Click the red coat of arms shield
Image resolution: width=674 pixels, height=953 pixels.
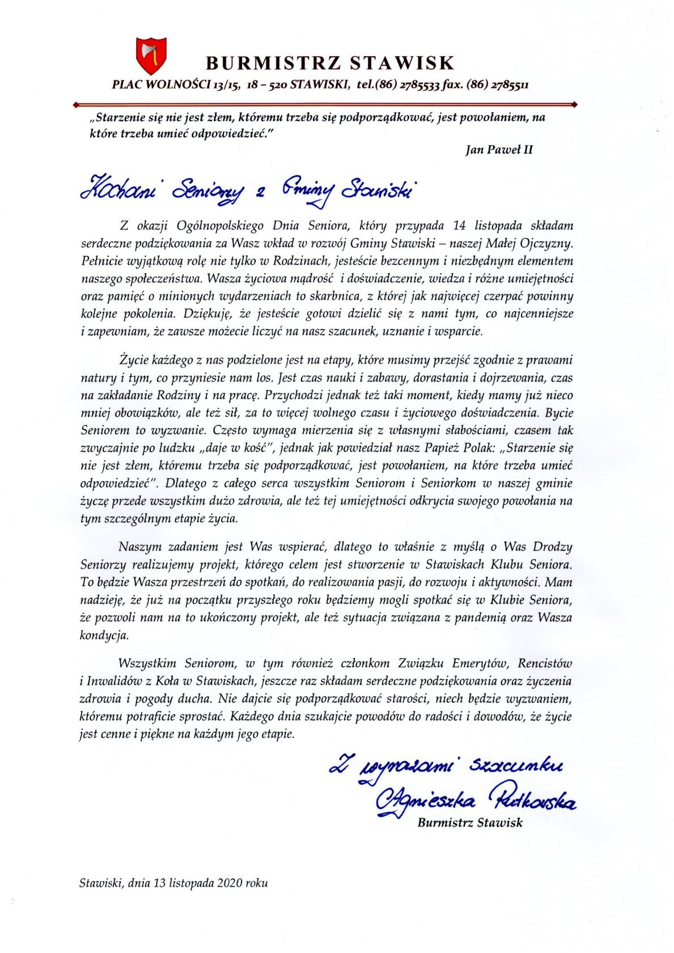[x=151, y=55]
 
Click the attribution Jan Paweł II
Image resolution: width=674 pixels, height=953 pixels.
[x=498, y=150]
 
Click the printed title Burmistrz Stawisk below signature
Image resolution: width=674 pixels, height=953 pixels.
[x=470, y=822]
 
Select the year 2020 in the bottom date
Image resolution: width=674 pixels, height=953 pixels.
[x=228, y=883]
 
